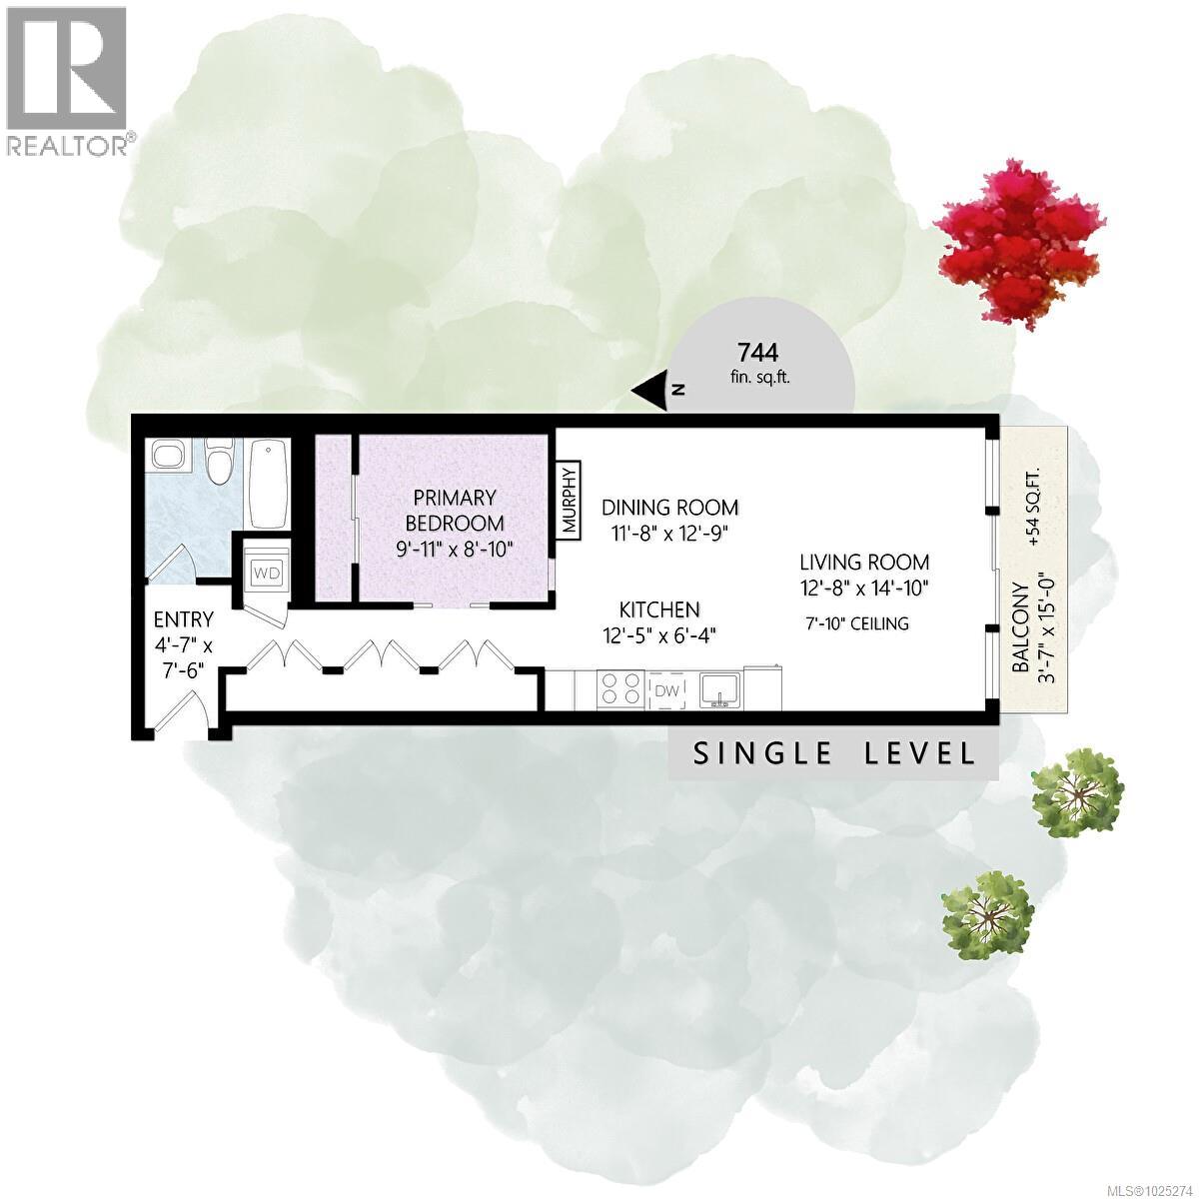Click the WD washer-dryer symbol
[267, 573]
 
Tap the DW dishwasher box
[666, 690]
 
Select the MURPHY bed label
[570, 501]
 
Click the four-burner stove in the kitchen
[620, 690]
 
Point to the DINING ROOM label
[669, 507]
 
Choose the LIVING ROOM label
[863, 563]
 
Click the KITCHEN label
[659, 608]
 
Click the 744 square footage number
[756, 353]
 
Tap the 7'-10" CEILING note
[857, 624]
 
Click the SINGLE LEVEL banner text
[834, 753]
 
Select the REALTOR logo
[67, 80]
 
